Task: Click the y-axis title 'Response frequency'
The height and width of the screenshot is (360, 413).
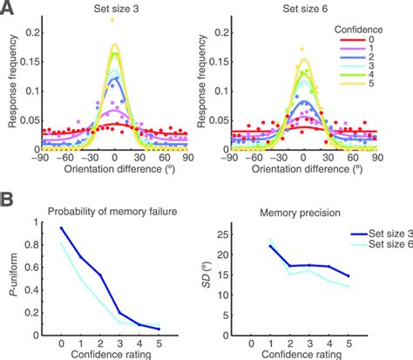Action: coord(12,87)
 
